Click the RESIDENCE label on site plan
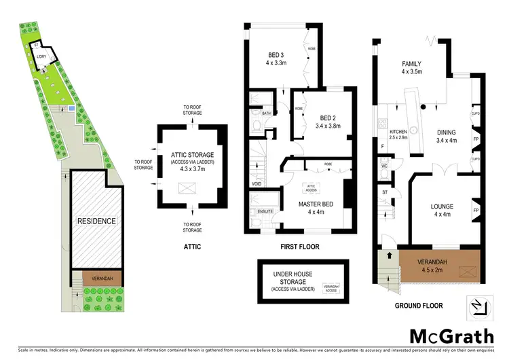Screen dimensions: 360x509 (96, 221)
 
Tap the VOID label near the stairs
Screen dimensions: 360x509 (257, 183)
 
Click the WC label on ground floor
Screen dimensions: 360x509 (384, 165)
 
